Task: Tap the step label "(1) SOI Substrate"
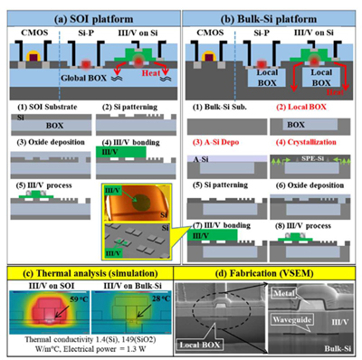(43, 108)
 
